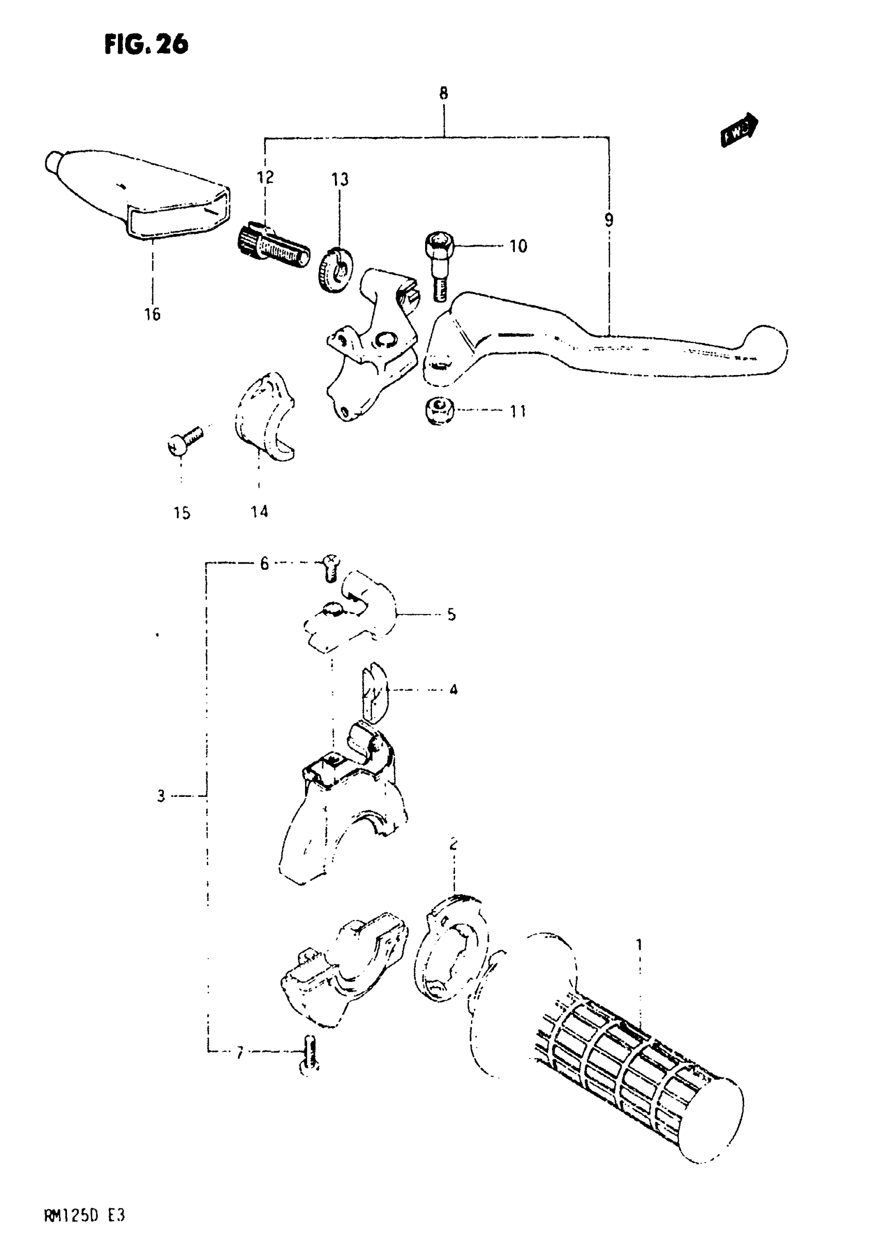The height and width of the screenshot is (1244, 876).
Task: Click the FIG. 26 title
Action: [x=146, y=44]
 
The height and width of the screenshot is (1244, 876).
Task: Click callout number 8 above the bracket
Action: [x=444, y=93]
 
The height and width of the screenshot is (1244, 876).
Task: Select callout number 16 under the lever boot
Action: [x=153, y=314]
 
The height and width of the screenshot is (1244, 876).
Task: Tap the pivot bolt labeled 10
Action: [x=440, y=265]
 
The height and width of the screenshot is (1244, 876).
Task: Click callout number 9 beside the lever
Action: [x=609, y=220]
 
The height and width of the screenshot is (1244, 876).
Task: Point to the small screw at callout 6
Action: [x=329, y=568]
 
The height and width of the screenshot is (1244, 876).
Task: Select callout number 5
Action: [x=451, y=615]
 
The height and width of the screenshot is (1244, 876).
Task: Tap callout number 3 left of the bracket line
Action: [x=161, y=796]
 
